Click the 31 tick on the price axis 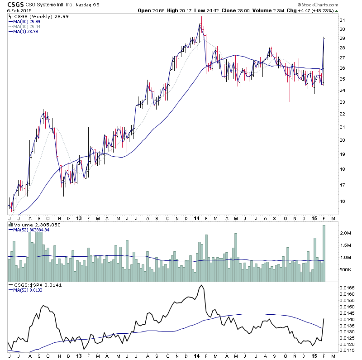(x=343, y=20)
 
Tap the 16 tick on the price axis (x=343, y=202)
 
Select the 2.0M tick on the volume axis (x=345, y=233)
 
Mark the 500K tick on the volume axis (x=346, y=270)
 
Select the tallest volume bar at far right (x=324, y=254)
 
